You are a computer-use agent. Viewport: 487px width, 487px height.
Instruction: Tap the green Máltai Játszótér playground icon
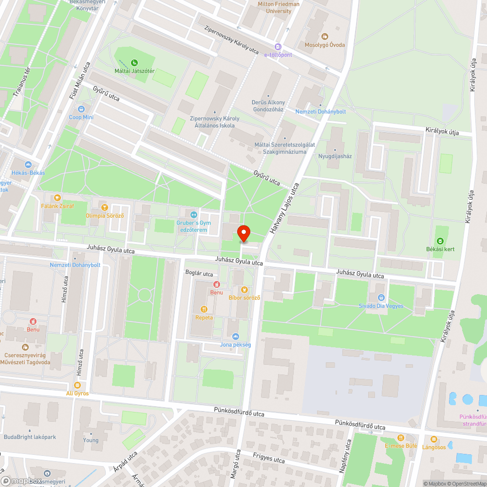tap(134, 62)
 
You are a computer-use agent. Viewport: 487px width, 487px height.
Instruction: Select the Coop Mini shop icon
tap(81, 109)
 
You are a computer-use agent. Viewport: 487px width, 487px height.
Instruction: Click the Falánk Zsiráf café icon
tap(57, 198)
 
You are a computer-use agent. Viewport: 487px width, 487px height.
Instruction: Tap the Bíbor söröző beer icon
tap(244, 290)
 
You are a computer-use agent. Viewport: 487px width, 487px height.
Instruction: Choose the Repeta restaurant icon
tap(204, 309)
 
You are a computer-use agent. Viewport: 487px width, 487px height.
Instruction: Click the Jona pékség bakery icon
tap(236, 336)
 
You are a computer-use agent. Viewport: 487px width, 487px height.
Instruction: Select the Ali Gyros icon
tap(77, 385)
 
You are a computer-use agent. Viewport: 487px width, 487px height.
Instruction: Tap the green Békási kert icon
tap(440, 241)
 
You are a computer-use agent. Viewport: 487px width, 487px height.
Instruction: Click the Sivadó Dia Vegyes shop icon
tap(381, 298)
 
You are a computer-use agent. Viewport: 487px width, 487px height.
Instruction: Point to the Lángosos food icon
tap(434, 439)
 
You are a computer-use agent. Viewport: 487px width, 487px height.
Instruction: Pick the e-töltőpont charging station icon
tap(278, 47)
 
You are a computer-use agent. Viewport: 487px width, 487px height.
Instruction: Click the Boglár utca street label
tap(199, 274)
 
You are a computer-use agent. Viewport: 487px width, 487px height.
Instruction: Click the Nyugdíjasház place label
tap(335, 156)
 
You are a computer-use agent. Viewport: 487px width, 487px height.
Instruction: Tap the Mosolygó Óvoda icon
tap(325, 37)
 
